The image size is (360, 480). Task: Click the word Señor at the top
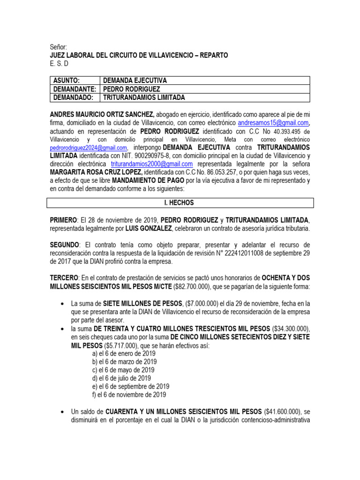(59, 47)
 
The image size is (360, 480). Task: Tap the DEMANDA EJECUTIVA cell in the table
(135, 81)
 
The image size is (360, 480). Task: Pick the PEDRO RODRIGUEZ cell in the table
(132, 89)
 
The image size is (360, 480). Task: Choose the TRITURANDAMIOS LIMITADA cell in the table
(144, 97)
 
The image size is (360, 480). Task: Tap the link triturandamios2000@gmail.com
(152, 164)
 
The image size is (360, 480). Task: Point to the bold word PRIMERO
(63, 220)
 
